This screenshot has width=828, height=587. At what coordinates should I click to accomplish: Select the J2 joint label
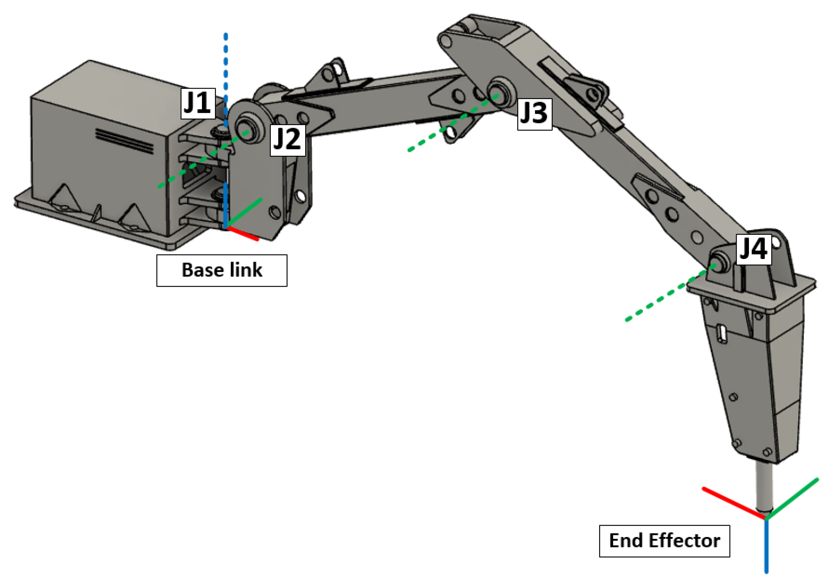point(288,140)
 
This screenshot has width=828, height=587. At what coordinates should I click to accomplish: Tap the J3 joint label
point(534,114)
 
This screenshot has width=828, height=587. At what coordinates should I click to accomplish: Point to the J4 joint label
point(753,249)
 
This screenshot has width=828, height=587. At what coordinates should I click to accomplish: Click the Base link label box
point(222,270)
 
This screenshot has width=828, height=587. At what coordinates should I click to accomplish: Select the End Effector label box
point(664,541)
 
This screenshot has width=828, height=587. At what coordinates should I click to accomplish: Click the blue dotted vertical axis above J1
point(226,72)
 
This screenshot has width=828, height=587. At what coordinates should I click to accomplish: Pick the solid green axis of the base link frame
point(244,214)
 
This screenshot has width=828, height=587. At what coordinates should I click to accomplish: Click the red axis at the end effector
point(734,503)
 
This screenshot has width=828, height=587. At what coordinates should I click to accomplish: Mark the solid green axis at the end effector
point(792,499)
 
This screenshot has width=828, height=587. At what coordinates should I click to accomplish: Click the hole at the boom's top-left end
point(447,41)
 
